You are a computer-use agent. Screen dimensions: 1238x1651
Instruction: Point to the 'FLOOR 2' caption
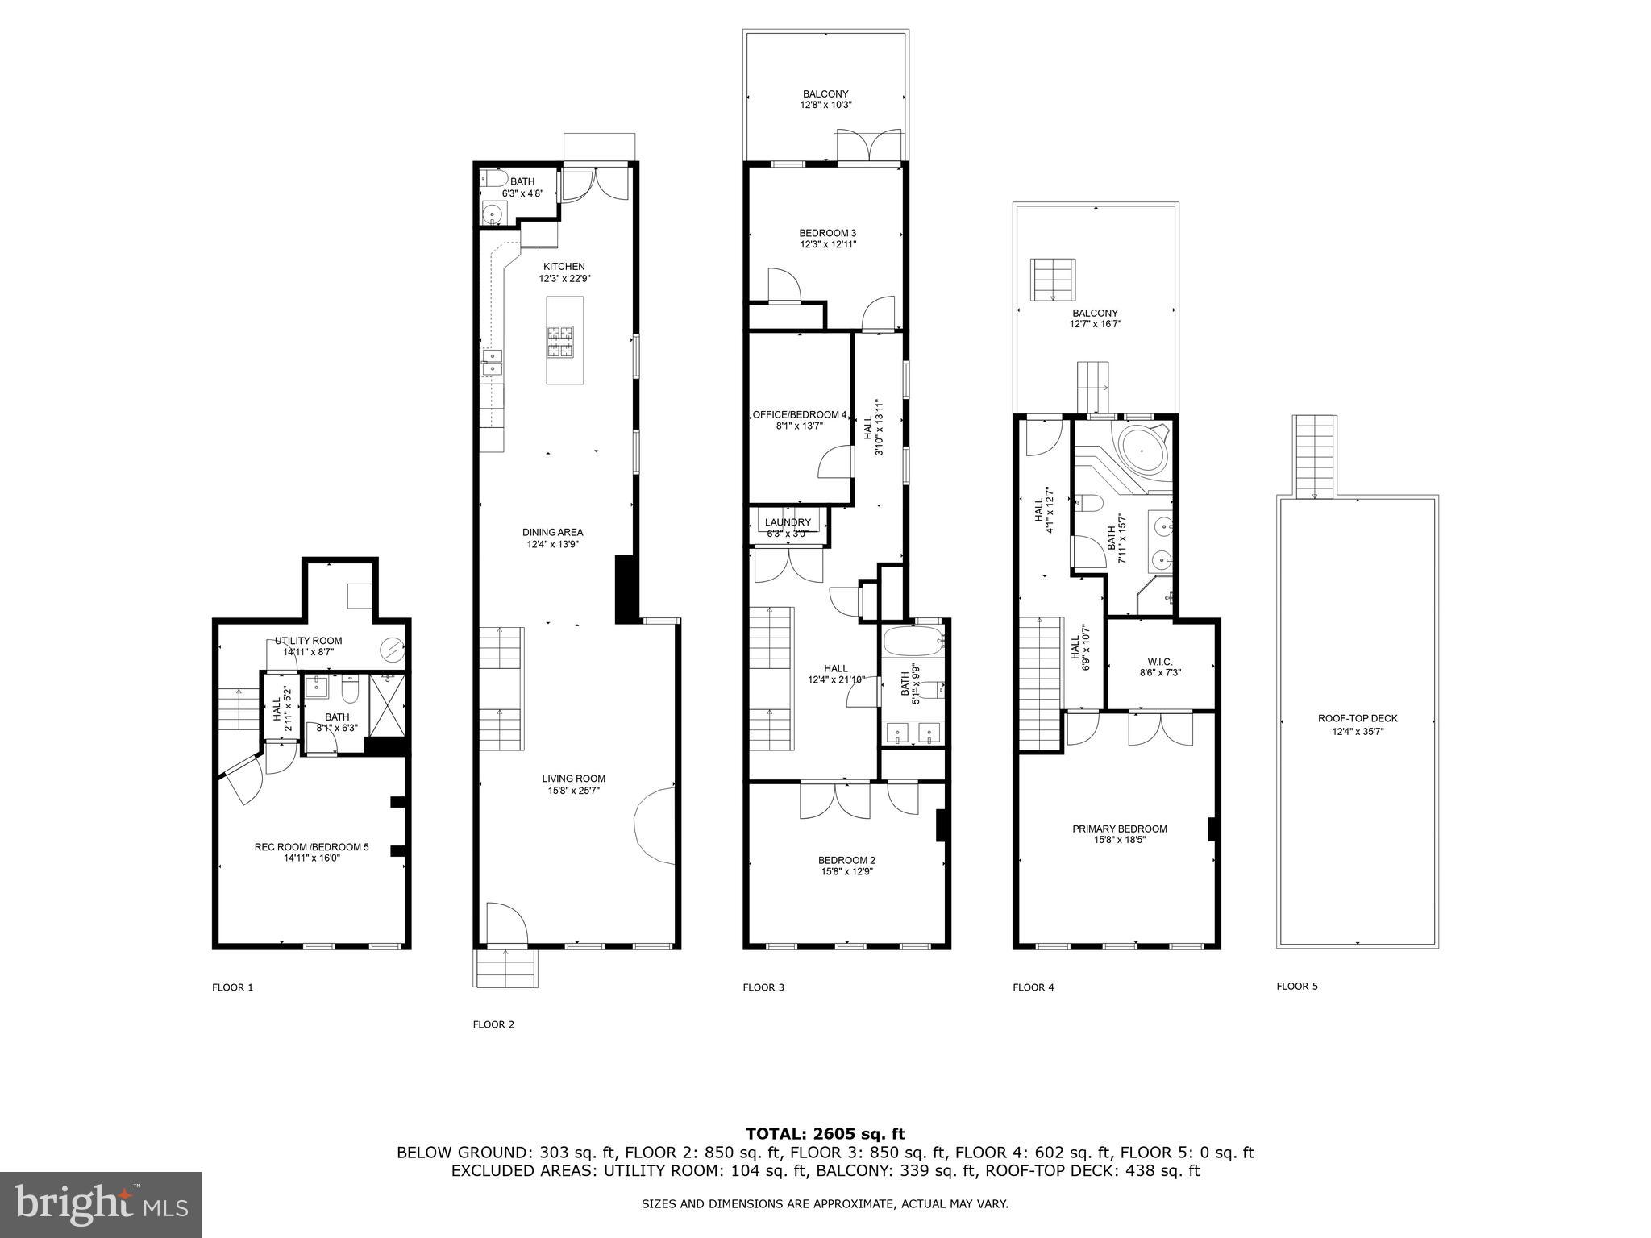coord(493,1024)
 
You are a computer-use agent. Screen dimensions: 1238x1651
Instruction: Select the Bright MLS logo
coord(101,1205)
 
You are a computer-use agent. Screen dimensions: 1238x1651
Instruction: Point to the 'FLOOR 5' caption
coord(1297,986)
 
